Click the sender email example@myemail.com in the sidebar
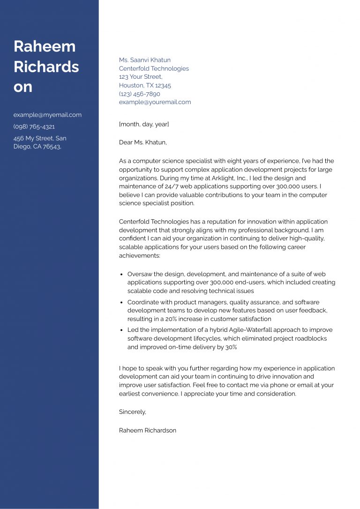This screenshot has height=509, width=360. [47, 115]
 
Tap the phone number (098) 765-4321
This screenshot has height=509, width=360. [34, 127]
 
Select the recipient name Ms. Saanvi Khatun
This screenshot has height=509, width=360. [145, 60]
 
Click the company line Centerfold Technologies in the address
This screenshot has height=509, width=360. [154, 68]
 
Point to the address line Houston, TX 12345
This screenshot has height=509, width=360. [145, 85]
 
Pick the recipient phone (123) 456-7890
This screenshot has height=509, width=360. [140, 94]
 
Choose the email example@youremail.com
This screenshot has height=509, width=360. [155, 102]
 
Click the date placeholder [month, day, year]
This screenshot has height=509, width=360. [144, 124]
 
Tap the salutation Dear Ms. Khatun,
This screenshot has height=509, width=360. [143, 142]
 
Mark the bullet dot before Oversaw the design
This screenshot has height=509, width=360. [121, 275]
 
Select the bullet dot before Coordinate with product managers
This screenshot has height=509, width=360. [121, 303]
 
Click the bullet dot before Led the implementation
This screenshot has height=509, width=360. [121, 330]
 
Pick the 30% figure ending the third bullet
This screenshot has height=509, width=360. [231, 347]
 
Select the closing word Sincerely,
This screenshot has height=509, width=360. [133, 412]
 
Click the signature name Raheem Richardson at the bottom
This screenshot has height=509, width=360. [148, 430]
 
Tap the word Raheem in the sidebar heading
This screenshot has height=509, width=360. [45, 46]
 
